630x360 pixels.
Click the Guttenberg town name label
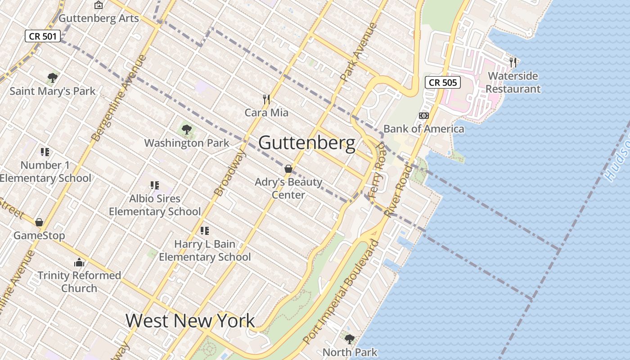[x=306, y=143]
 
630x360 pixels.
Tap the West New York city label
[x=190, y=321]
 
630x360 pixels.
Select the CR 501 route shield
[x=43, y=36]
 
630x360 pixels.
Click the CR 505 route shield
[x=443, y=82]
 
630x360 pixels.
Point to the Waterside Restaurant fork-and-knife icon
[x=513, y=62]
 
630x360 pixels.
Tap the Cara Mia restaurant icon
[x=266, y=99]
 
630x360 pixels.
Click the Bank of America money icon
[x=423, y=116]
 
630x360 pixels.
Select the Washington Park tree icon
[x=186, y=130]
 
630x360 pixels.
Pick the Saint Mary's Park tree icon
[x=53, y=77]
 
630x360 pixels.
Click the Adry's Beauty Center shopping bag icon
[x=288, y=169]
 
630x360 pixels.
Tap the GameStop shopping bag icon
[x=39, y=222]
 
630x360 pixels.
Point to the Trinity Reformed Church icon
[x=79, y=262]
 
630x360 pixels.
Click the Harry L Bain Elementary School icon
[x=205, y=231]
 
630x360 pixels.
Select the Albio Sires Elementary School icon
[x=155, y=185]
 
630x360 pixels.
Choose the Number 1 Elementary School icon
[x=45, y=152]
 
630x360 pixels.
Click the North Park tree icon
[x=349, y=339]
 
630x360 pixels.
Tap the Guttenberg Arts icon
[x=99, y=5]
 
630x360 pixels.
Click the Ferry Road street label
[x=376, y=170]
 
